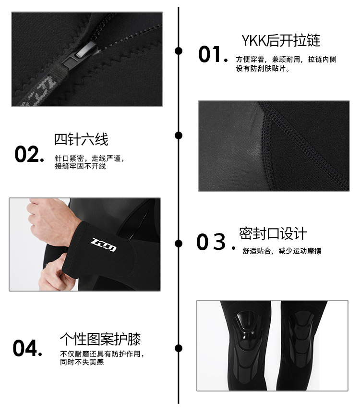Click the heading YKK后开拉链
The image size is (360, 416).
click(280, 40)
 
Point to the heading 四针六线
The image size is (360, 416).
click(81, 139)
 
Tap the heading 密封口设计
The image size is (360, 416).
click(273, 234)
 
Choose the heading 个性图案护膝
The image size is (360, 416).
click(100, 339)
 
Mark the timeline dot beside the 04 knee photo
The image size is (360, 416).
click(179, 348)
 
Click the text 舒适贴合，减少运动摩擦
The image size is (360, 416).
click(282, 251)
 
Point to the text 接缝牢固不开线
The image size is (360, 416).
click(80, 167)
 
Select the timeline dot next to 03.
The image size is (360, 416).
click(179, 243)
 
